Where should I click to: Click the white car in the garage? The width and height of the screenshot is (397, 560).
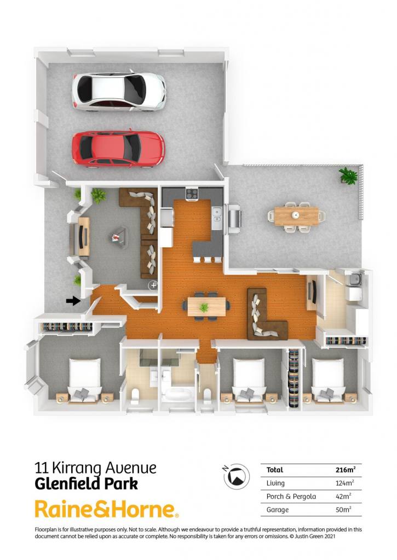[x=119, y=91]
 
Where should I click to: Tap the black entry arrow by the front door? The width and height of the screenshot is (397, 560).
[x=73, y=301]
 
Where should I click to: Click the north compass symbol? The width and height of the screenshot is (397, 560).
[x=237, y=476]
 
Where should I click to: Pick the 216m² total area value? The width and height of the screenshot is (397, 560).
[x=346, y=470]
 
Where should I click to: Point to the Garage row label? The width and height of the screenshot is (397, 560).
[x=278, y=510]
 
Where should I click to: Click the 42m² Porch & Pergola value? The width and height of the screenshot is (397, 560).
[x=343, y=497]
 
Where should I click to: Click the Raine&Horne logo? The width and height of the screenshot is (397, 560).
[x=107, y=509]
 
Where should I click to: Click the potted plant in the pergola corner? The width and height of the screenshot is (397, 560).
[x=348, y=176]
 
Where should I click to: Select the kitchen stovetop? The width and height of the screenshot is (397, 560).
[x=192, y=194]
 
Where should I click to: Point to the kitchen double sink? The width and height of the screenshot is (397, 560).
[x=217, y=218]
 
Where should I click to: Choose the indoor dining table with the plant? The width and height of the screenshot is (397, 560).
[x=206, y=306]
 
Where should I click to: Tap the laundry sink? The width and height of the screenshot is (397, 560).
[x=355, y=279]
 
